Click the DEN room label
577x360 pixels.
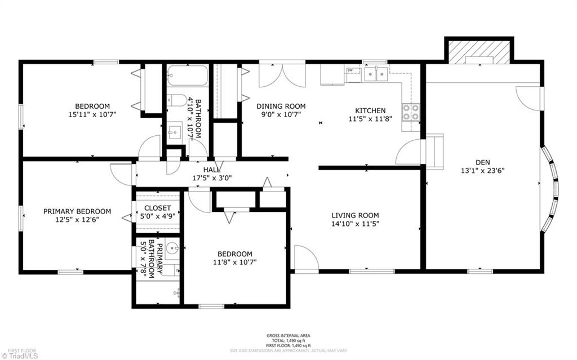[482, 162]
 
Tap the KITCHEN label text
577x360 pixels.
[370, 110]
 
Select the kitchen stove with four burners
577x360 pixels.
[411, 112]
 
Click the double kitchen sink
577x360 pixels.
[376, 74]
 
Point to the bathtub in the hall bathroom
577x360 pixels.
[188, 76]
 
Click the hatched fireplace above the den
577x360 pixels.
[479, 51]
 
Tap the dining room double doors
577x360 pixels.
[282, 75]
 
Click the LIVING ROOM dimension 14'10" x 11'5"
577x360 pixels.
[355, 224]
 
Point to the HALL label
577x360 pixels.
[212, 170]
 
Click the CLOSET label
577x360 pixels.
[158, 208]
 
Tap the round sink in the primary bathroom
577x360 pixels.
[172, 248]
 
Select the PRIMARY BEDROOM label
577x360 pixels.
[77, 211]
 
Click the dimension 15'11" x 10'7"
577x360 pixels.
[92, 114]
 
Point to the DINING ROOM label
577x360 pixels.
[281, 106]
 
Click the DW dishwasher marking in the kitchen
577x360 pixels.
[350, 70]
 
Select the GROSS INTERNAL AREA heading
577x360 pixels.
[288, 336]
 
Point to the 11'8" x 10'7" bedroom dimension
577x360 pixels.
[235, 262]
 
